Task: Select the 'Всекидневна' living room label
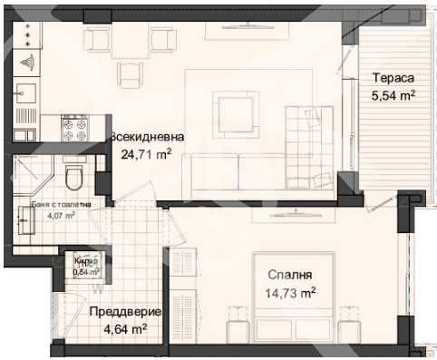pyautogui.click(x=147, y=137)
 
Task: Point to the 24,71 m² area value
pyautogui.click(x=146, y=153)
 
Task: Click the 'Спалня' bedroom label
pyautogui.click(x=290, y=275)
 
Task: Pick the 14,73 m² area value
pyautogui.click(x=290, y=292)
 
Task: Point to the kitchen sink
pyautogui.click(x=26, y=93)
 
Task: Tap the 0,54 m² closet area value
pyautogui.click(x=87, y=270)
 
